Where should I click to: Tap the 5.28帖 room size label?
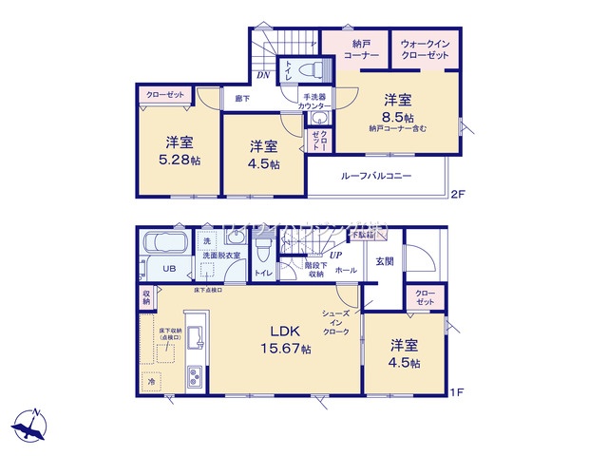[180, 161]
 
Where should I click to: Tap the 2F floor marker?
[459, 195]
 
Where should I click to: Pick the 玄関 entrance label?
[384, 260]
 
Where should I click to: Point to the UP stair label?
[334, 256]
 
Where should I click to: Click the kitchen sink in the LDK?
[194, 339]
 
